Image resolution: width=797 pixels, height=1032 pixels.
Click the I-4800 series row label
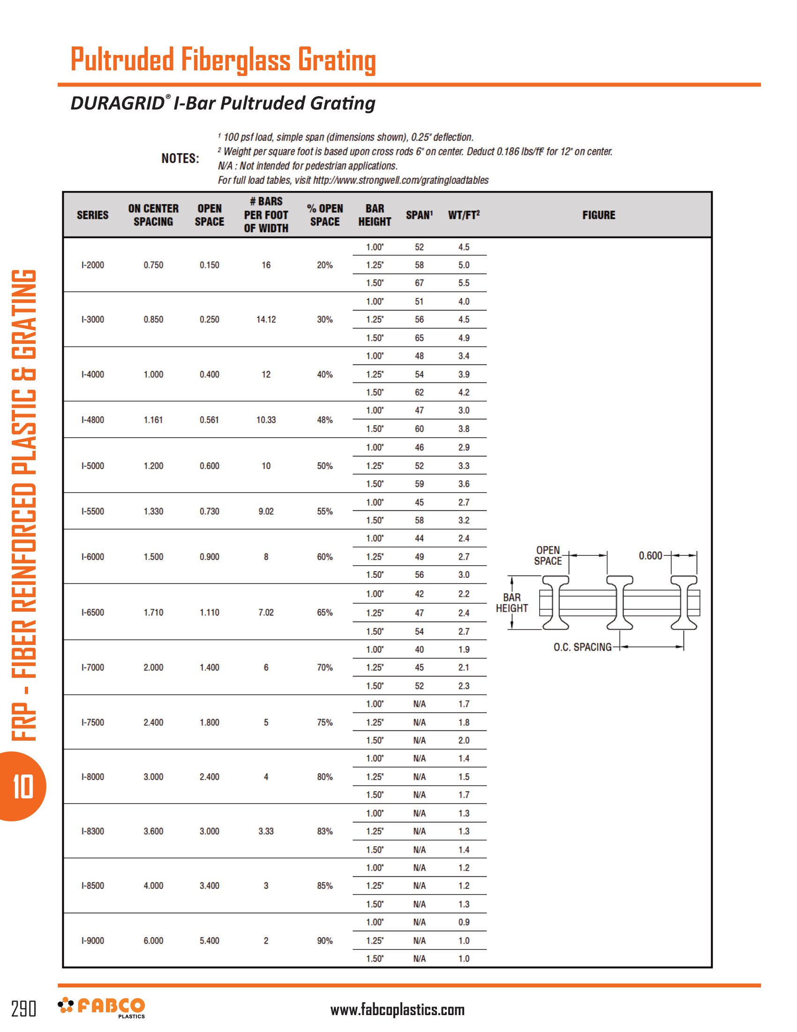point(92,420)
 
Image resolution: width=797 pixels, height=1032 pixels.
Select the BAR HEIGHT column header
point(375,215)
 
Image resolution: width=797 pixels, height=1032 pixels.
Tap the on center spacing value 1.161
point(153,420)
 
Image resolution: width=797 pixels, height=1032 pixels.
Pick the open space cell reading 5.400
point(209,941)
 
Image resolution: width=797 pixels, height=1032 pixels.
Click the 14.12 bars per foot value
point(266,319)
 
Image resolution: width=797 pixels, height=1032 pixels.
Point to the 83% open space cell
point(325,831)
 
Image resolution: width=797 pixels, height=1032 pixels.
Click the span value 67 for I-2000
point(419,283)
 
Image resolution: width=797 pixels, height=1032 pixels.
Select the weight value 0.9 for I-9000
point(464,922)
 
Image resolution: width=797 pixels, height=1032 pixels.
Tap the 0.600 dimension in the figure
point(650,556)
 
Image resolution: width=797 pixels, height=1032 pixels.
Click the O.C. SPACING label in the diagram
point(582,647)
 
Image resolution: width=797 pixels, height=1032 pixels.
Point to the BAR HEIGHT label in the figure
point(512,603)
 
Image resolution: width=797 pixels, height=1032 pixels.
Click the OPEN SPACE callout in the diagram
point(548,556)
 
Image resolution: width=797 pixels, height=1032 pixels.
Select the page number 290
point(23,1009)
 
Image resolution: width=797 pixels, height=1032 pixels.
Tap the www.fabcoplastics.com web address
point(397,1010)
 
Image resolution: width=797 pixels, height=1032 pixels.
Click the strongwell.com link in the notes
point(400,180)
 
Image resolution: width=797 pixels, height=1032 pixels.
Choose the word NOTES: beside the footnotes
point(180,158)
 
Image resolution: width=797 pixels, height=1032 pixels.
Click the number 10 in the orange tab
point(23,787)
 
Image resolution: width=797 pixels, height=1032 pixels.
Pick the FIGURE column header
point(599,215)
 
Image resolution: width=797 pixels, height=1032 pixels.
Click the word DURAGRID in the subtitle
point(117,103)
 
